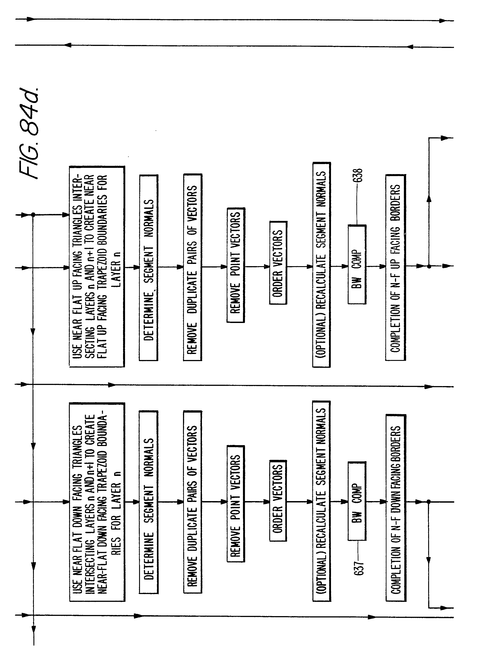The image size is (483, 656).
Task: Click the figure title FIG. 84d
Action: (31, 133)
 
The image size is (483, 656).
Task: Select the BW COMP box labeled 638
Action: (357, 265)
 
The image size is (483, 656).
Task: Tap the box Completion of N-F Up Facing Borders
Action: (395, 267)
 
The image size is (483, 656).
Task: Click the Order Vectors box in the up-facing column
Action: (278, 263)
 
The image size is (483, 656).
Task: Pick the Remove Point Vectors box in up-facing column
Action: (236, 265)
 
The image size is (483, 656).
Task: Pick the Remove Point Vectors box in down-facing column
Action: (236, 503)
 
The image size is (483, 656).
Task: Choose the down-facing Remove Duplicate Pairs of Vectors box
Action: (192, 502)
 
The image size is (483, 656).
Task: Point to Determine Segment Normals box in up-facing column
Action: (148, 267)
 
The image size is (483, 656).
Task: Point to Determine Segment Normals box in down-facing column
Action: (148, 502)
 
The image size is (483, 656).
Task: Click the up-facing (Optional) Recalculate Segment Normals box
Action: (321, 265)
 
